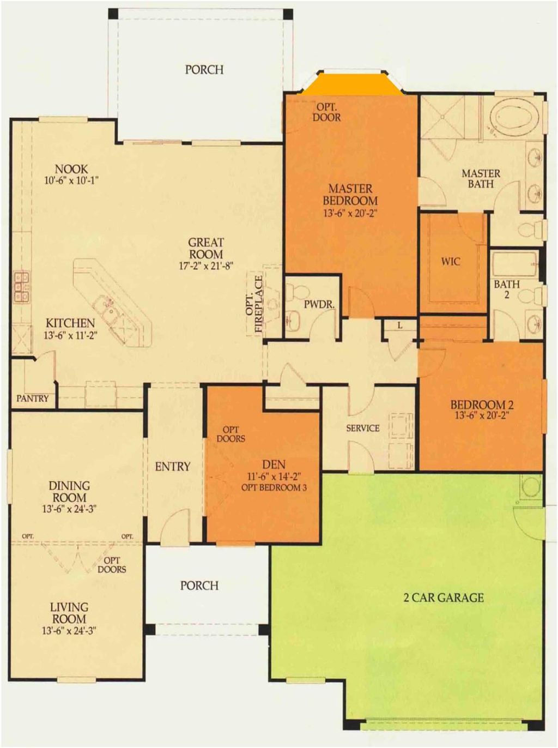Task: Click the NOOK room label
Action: click(x=71, y=168)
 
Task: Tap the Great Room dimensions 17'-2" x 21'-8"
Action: click(x=206, y=266)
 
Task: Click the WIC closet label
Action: click(x=451, y=262)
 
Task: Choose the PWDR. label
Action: click(x=319, y=305)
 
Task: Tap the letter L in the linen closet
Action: click(x=400, y=325)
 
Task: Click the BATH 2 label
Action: click(x=507, y=289)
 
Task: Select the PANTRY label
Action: click(x=33, y=398)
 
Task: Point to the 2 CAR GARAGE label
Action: click(x=444, y=598)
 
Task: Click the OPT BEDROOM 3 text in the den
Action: click(x=274, y=487)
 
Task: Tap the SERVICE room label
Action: click(x=363, y=428)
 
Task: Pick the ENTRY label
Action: click(x=173, y=467)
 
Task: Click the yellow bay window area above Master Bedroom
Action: click(x=353, y=84)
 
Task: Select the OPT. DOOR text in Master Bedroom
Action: click(x=327, y=112)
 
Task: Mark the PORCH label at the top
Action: click(x=204, y=70)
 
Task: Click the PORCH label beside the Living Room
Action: click(x=199, y=586)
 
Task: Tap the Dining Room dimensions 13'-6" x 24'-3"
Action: click(x=69, y=509)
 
